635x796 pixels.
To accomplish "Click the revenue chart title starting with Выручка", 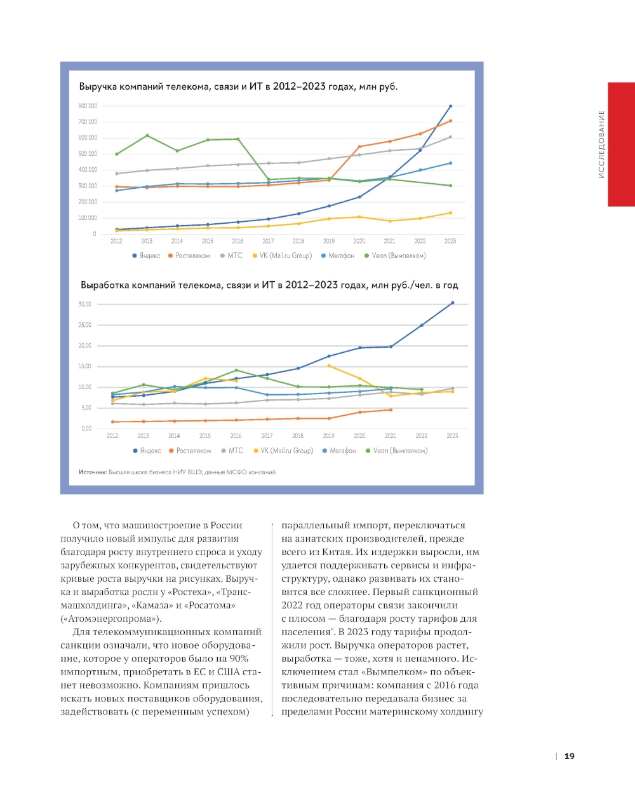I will (238, 86).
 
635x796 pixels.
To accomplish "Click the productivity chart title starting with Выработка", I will (269, 285).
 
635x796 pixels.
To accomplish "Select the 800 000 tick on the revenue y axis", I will (88, 106).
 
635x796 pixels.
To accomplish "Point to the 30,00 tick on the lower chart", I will (85, 305).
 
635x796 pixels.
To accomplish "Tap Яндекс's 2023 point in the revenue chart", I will (450, 106).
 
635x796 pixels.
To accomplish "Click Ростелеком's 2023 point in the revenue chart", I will (450, 121).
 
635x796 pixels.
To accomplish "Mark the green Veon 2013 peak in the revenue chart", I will (147, 135).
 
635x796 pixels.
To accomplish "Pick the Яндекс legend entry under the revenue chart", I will (147, 256).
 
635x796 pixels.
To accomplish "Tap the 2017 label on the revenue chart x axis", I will (268, 241).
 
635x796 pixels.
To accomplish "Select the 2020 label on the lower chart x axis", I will (359, 436).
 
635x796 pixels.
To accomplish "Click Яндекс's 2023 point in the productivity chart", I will (452, 303).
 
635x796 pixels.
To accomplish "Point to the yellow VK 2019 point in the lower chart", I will (329, 366).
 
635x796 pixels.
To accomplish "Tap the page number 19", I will (569, 756).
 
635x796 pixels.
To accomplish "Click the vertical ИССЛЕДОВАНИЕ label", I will (601, 145).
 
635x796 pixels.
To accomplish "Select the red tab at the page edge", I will (621, 144).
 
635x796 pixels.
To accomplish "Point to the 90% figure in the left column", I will (239, 659).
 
